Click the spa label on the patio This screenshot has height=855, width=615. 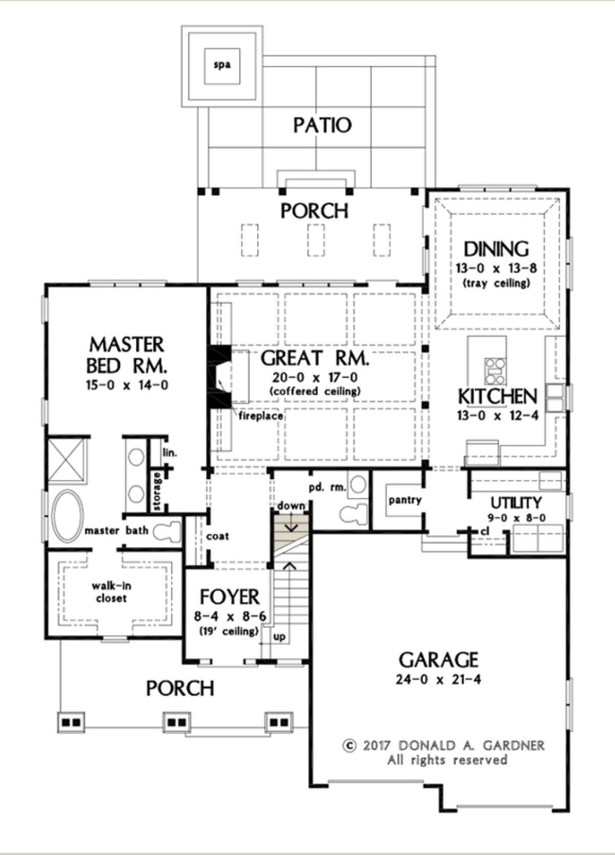click(x=222, y=65)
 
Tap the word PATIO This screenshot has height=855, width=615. click(x=322, y=125)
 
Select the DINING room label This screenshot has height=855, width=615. click(x=496, y=249)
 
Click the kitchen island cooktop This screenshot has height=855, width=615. click(x=495, y=371)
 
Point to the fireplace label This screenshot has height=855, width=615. click(x=260, y=415)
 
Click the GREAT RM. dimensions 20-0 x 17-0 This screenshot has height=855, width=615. click(x=315, y=377)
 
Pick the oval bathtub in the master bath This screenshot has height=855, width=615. click(x=68, y=516)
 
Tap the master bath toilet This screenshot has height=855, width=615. click(x=167, y=531)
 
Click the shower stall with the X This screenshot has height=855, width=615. click(x=67, y=462)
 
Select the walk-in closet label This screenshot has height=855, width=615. click(x=111, y=592)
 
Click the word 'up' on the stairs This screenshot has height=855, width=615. click(x=279, y=637)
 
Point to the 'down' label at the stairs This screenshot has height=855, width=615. click(x=292, y=506)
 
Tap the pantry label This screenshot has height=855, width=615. click(x=405, y=501)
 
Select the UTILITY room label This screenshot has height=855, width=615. click(x=516, y=503)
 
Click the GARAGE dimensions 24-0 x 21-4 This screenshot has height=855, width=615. click(x=438, y=680)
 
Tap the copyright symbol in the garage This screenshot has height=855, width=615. click(x=349, y=745)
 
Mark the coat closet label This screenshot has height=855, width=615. click(x=217, y=536)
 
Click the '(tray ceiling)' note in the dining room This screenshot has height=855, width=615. click(x=496, y=284)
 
